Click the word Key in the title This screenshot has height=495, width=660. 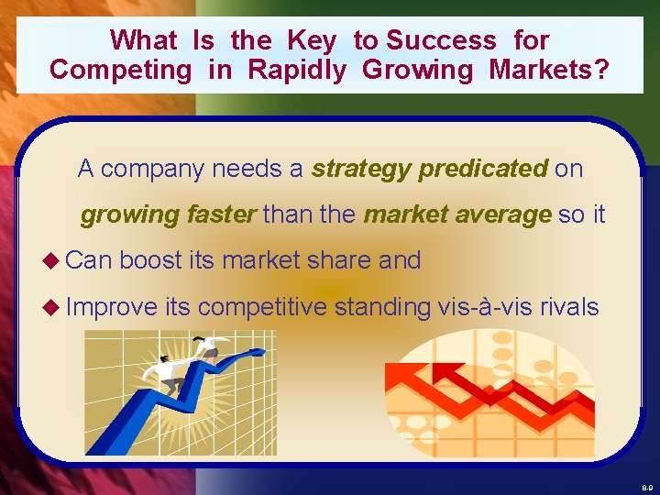(312, 40)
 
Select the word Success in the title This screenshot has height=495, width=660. (441, 40)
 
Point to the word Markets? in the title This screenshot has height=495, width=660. (549, 70)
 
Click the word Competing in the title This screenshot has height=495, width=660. (120, 70)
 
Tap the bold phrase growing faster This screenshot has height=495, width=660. (169, 215)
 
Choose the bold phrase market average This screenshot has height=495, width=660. (457, 215)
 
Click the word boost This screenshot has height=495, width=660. (151, 260)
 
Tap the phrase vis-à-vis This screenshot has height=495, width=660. (486, 306)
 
